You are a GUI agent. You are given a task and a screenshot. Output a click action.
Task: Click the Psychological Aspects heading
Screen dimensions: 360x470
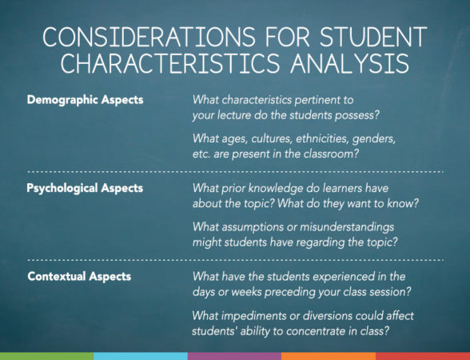[x=85, y=188]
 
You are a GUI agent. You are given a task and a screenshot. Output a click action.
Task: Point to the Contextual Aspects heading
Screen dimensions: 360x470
[x=78, y=276]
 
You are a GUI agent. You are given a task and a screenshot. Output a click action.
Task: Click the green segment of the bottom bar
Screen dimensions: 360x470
[x=46, y=355]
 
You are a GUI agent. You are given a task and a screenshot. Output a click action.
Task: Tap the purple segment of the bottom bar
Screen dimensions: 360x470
[x=234, y=355]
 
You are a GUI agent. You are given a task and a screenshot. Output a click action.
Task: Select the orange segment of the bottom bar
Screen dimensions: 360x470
[x=329, y=355]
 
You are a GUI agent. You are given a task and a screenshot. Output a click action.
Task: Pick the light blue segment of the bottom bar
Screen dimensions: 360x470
[x=141, y=355]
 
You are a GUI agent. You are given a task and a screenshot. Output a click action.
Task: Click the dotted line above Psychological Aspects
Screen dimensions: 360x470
[x=235, y=172]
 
